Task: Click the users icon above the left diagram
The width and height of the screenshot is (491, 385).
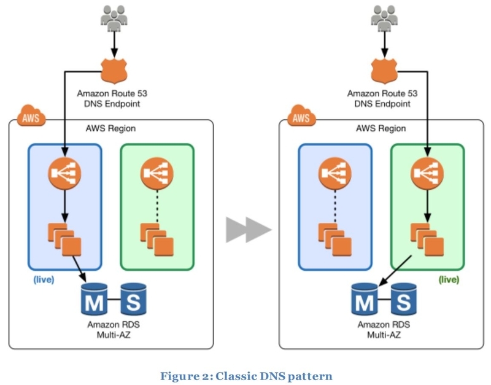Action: [x=114, y=18]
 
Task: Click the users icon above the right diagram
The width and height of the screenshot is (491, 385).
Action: [x=384, y=18]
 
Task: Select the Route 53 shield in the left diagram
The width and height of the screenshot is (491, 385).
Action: [x=114, y=71]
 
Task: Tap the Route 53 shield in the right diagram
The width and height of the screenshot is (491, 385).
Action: [x=384, y=71]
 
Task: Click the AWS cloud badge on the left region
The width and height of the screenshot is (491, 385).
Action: [x=31, y=116]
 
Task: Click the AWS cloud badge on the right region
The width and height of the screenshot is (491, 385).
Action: [x=301, y=116]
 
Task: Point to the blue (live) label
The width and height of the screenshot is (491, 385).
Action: [x=44, y=279]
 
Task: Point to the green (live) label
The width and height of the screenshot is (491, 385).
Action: [x=449, y=279]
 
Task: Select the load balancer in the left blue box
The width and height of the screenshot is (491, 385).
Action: [x=64, y=174]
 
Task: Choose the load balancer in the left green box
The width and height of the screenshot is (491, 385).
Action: [x=157, y=174]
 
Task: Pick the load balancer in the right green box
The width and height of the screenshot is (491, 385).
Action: [x=427, y=174]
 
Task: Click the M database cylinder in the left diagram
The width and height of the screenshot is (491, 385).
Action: [x=95, y=299]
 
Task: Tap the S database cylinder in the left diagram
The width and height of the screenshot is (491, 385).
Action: [x=133, y=299]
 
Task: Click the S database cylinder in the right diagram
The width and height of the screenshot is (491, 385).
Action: [x=404, y=299]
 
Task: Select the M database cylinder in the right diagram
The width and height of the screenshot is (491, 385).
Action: [x=365, y=299]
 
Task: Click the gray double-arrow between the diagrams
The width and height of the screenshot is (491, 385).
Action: [x=249, y=230]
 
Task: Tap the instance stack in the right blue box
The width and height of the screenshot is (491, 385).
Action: [x=334, y=239]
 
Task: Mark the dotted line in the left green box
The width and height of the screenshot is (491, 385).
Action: [x=157, y=206]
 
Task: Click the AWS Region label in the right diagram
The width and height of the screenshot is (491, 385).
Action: [x=381, y=128]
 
